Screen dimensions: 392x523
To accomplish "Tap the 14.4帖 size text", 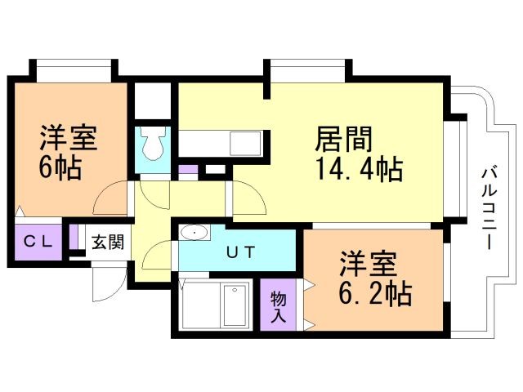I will pos(357,170).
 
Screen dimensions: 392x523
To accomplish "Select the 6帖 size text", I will pos(59,167).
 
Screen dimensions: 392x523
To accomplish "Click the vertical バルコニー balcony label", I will pos(490,208).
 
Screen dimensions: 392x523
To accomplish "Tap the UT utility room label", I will pos(240,252).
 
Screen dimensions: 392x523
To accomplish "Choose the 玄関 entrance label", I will pos(107,242).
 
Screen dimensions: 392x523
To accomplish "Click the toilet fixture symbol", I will pos(153,145).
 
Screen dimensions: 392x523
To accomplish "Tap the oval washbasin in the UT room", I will pos(194,233).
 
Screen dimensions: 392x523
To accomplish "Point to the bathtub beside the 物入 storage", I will pos(216,305).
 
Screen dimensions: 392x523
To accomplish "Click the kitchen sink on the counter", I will pos(244,142).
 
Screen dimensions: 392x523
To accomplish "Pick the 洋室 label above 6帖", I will pos(69,136).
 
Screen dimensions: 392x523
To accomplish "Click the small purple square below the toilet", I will pos(188,171).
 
